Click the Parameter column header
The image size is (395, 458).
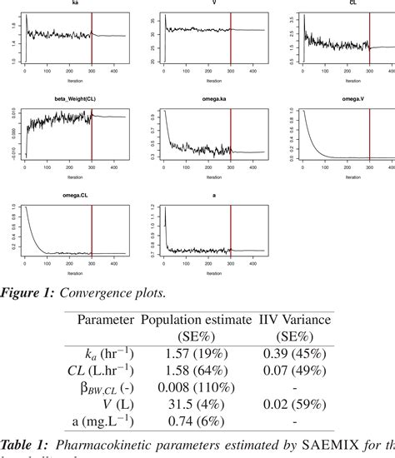106,320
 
